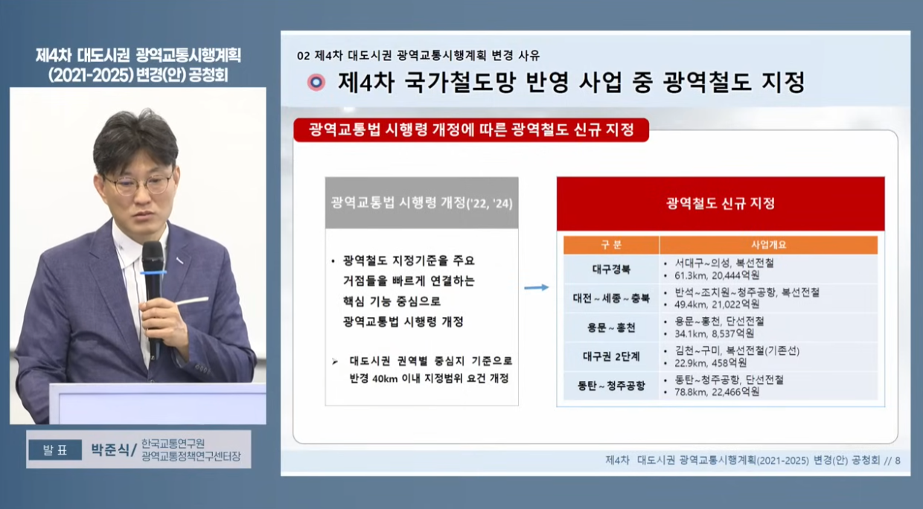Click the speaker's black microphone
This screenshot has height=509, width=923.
click(x=153, y=296)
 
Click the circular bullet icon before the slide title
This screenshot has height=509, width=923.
click(x=316, y=83)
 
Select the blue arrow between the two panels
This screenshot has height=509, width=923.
click(x=537, y=287)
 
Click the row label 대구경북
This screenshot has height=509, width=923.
click(x=611, y=269)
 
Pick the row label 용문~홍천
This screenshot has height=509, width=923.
click(x=611, y=328)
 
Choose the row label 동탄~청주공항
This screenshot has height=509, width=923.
click(x=611, y=386)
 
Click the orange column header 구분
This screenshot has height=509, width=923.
click(x=611, y=245)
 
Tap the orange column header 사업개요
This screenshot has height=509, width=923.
click(x=768, y=245)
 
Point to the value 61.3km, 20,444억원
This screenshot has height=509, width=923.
click(x=717, y=275)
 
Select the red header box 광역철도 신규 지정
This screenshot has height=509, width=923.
click(x=721, y=203)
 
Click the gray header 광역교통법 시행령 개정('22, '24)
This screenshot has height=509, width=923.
click(x=421, y=203)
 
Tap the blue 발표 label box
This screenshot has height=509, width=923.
click(x=55, y=449)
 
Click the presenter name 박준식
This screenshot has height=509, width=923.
click(x=110, y=449)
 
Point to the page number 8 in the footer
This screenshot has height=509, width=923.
click(x=898, y=461)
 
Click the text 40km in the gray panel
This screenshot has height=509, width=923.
click(x=385, y=379)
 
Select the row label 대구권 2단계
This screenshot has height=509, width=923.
click(x=611, y=356)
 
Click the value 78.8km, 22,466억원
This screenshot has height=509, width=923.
click(x=717, y=392)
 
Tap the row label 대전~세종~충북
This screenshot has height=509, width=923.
click(x=611, y=298)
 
